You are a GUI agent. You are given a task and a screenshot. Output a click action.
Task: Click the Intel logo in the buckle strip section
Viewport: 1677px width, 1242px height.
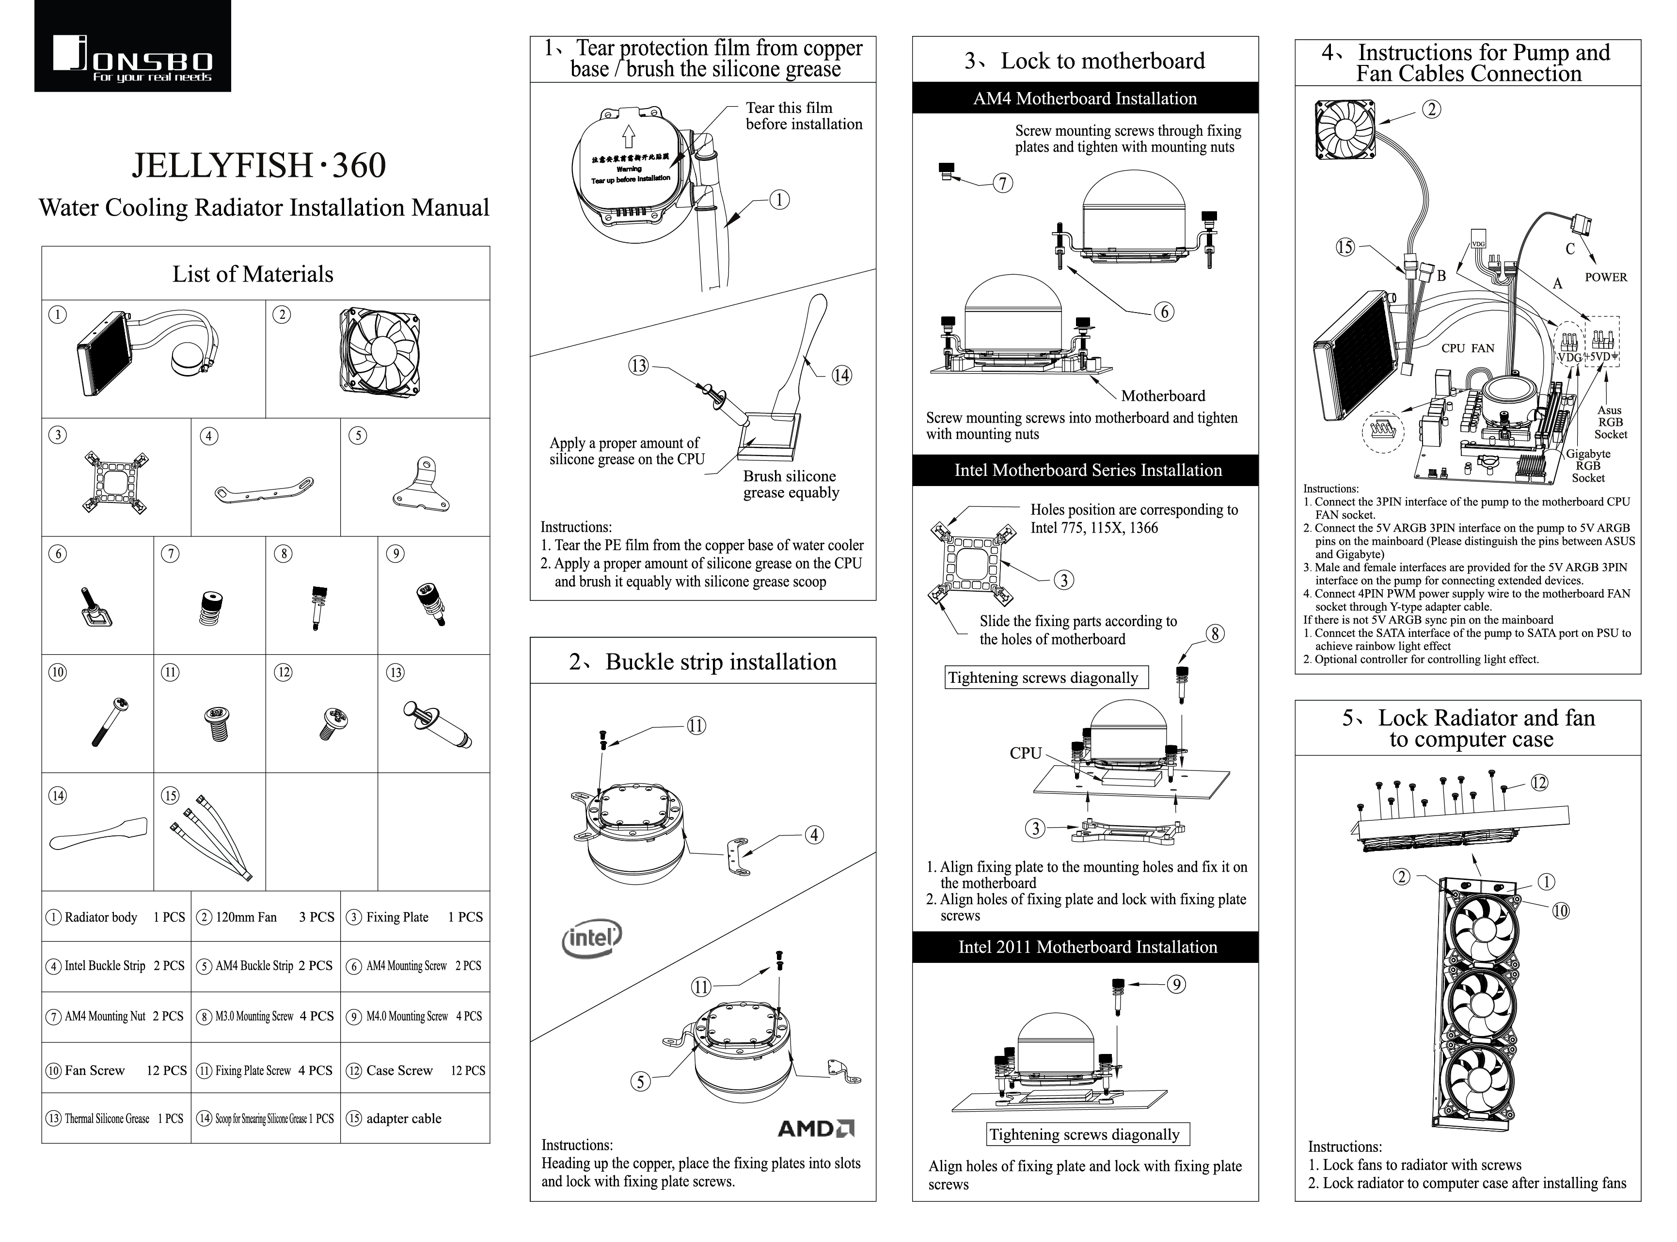tap(592, 939)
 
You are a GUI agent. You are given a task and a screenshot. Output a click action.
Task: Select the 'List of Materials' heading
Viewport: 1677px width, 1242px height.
tap(253, 274)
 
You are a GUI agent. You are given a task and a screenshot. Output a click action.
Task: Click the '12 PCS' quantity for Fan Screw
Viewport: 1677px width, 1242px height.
tap(166, 1070)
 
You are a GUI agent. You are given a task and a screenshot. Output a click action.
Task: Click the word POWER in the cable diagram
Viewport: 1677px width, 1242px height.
tap(1606, 277)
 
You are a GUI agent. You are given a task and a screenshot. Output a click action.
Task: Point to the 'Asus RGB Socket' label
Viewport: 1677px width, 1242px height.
tap(1609, 423)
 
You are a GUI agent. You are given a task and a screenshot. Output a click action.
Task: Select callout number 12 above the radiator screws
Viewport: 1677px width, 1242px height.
tap(1539, 783)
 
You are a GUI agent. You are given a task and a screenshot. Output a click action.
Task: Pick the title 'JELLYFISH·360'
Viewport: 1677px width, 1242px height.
tap(259, 165)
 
